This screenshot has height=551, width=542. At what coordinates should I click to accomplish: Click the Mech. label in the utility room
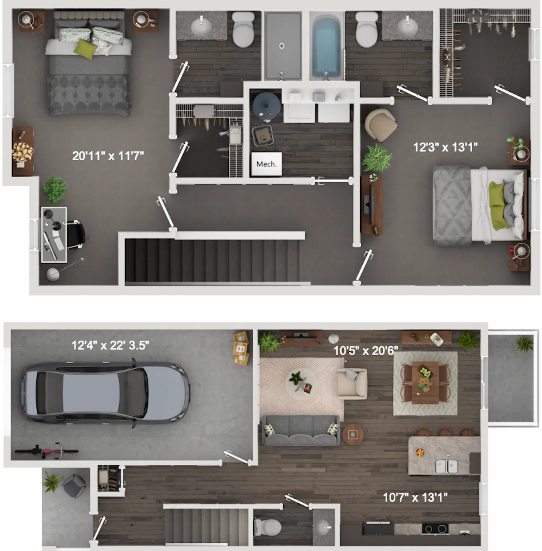point(266,164)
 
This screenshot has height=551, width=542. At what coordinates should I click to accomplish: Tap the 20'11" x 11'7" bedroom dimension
point(108,156)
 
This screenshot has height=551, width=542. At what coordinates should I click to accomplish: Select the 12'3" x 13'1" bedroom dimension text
point(445,147)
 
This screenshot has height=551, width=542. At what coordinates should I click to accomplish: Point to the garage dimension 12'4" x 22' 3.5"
point(110,345)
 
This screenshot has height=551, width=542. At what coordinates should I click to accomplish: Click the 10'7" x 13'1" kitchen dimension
point(415,498)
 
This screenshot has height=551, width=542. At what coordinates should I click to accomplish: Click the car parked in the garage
point(105,393)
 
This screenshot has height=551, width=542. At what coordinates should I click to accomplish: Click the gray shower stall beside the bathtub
point(282,46)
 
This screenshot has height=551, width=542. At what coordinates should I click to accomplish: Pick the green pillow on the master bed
point(85,48)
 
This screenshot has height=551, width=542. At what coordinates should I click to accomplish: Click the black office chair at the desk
point(76,235)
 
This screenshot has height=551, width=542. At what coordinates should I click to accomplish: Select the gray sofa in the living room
point(300,430)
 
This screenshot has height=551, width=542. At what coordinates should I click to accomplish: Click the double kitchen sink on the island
point(447,466)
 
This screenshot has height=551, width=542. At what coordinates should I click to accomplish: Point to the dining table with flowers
point(425,382)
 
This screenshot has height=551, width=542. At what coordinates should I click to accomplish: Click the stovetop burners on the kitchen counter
point(435,529)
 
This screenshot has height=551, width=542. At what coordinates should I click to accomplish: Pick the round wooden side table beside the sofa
point(353,434)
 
